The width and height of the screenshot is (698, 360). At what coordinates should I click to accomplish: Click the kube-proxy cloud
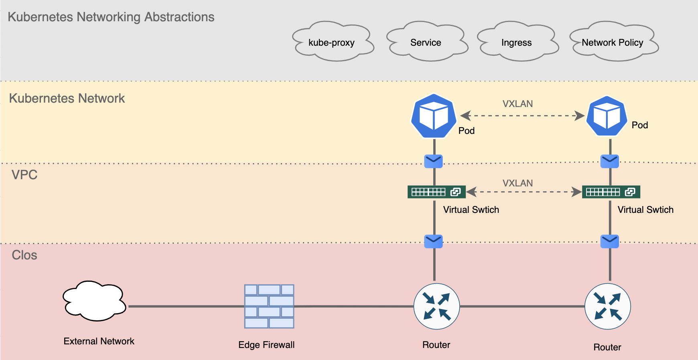tap(333, 42)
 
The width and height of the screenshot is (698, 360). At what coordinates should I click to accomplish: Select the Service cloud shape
tap(427, 42)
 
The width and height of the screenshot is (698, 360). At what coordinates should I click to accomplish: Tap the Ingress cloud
tap(517, 42)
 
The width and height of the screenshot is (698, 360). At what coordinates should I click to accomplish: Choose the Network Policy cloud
tap(614, 42)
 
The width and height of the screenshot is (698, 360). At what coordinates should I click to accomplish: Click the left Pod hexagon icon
tap(434, 116)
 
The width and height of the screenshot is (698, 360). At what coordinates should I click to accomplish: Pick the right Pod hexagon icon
tap(607, 116)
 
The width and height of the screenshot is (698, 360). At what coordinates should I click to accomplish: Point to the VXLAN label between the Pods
tap(517, 104)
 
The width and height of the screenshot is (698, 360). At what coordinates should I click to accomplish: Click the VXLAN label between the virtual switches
tap(517, 183)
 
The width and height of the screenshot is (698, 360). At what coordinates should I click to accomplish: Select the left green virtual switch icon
tap(436, 192)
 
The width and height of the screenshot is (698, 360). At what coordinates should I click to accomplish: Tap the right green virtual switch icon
tap(611, 192)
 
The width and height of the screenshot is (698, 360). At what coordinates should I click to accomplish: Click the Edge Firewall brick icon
tap(269, 306)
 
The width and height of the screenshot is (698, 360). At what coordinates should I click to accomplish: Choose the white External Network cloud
tap(95, 301)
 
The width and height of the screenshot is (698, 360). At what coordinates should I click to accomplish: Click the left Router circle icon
tap(436, 306)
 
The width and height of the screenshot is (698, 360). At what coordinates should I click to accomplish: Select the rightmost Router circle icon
tap(607, 306)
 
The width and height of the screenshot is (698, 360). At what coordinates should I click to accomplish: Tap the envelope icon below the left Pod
tap(433, 161)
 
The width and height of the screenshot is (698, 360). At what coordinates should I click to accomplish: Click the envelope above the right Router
tap(609, 241)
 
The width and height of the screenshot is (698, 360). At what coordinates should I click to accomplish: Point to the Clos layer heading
tap(24, 255)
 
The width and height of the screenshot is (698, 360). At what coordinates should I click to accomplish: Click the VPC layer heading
tap(24, 175)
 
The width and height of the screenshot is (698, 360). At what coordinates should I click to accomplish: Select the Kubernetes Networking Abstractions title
tap(111, 17)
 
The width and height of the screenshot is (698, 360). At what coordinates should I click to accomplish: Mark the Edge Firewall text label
tap(266, 345)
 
